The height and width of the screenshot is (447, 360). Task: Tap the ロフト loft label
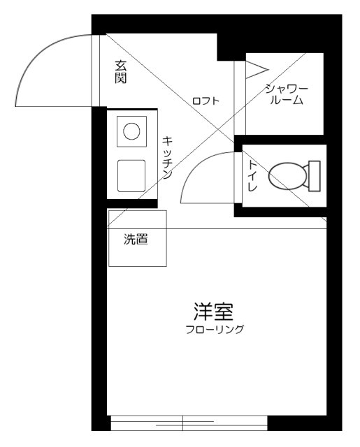pyautogui.click(x=206, y=101)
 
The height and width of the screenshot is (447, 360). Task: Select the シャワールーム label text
pyautogui.click(x=285, y=94)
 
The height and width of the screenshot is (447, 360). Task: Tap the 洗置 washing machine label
pyautogui.click(x=135, y=240)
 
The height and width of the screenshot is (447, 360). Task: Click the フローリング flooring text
pyautogui.click(x=215, y=330)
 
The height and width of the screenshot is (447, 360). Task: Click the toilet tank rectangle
pyautogui.click(x=315, y=176)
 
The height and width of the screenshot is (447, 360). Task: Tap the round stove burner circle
pyautogui.click(x=131, y=131)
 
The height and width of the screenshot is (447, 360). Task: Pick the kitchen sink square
pyautogui.click(x=131, y=175)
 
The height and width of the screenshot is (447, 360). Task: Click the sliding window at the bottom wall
pyautogui.click(x=189, y=423)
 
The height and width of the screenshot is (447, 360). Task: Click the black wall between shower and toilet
pyautogui.click(x=280, y=139)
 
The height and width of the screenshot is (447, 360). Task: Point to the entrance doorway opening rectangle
pyautogui.click(x=97, y=71)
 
